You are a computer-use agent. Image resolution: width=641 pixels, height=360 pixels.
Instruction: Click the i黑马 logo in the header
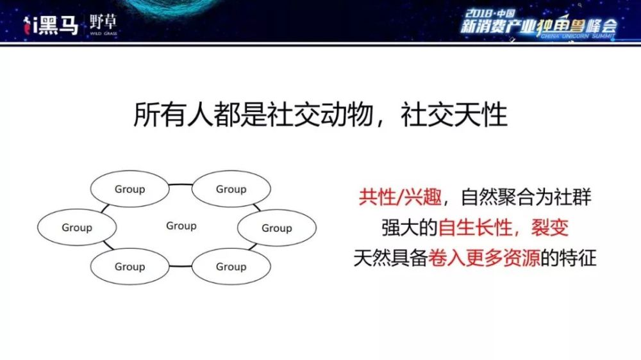50,26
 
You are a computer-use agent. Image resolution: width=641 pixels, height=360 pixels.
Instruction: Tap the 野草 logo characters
103,22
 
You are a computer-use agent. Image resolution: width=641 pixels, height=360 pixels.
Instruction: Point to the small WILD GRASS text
103,33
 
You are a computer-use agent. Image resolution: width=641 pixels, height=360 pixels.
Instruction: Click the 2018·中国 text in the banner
490,14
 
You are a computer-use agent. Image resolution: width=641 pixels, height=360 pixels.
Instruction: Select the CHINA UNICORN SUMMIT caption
578,36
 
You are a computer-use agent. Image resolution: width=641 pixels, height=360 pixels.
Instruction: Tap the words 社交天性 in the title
454,115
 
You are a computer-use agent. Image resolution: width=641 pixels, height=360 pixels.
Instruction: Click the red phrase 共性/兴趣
400,197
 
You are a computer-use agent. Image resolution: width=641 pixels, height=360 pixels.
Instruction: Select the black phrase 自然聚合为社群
526,197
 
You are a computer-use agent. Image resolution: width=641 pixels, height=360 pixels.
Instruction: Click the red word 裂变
550,227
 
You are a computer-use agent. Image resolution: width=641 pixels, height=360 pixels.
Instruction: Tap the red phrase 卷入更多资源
484,258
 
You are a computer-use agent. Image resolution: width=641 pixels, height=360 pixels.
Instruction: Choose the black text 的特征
569,258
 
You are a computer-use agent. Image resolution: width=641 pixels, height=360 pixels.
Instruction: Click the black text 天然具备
390,258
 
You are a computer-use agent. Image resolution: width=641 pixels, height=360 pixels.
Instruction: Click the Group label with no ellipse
181,226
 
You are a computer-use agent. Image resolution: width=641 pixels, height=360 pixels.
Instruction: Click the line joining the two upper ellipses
180,184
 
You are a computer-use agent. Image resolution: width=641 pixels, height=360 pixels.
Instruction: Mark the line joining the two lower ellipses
180,266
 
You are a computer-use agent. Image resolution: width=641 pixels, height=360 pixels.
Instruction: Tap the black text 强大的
410,227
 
